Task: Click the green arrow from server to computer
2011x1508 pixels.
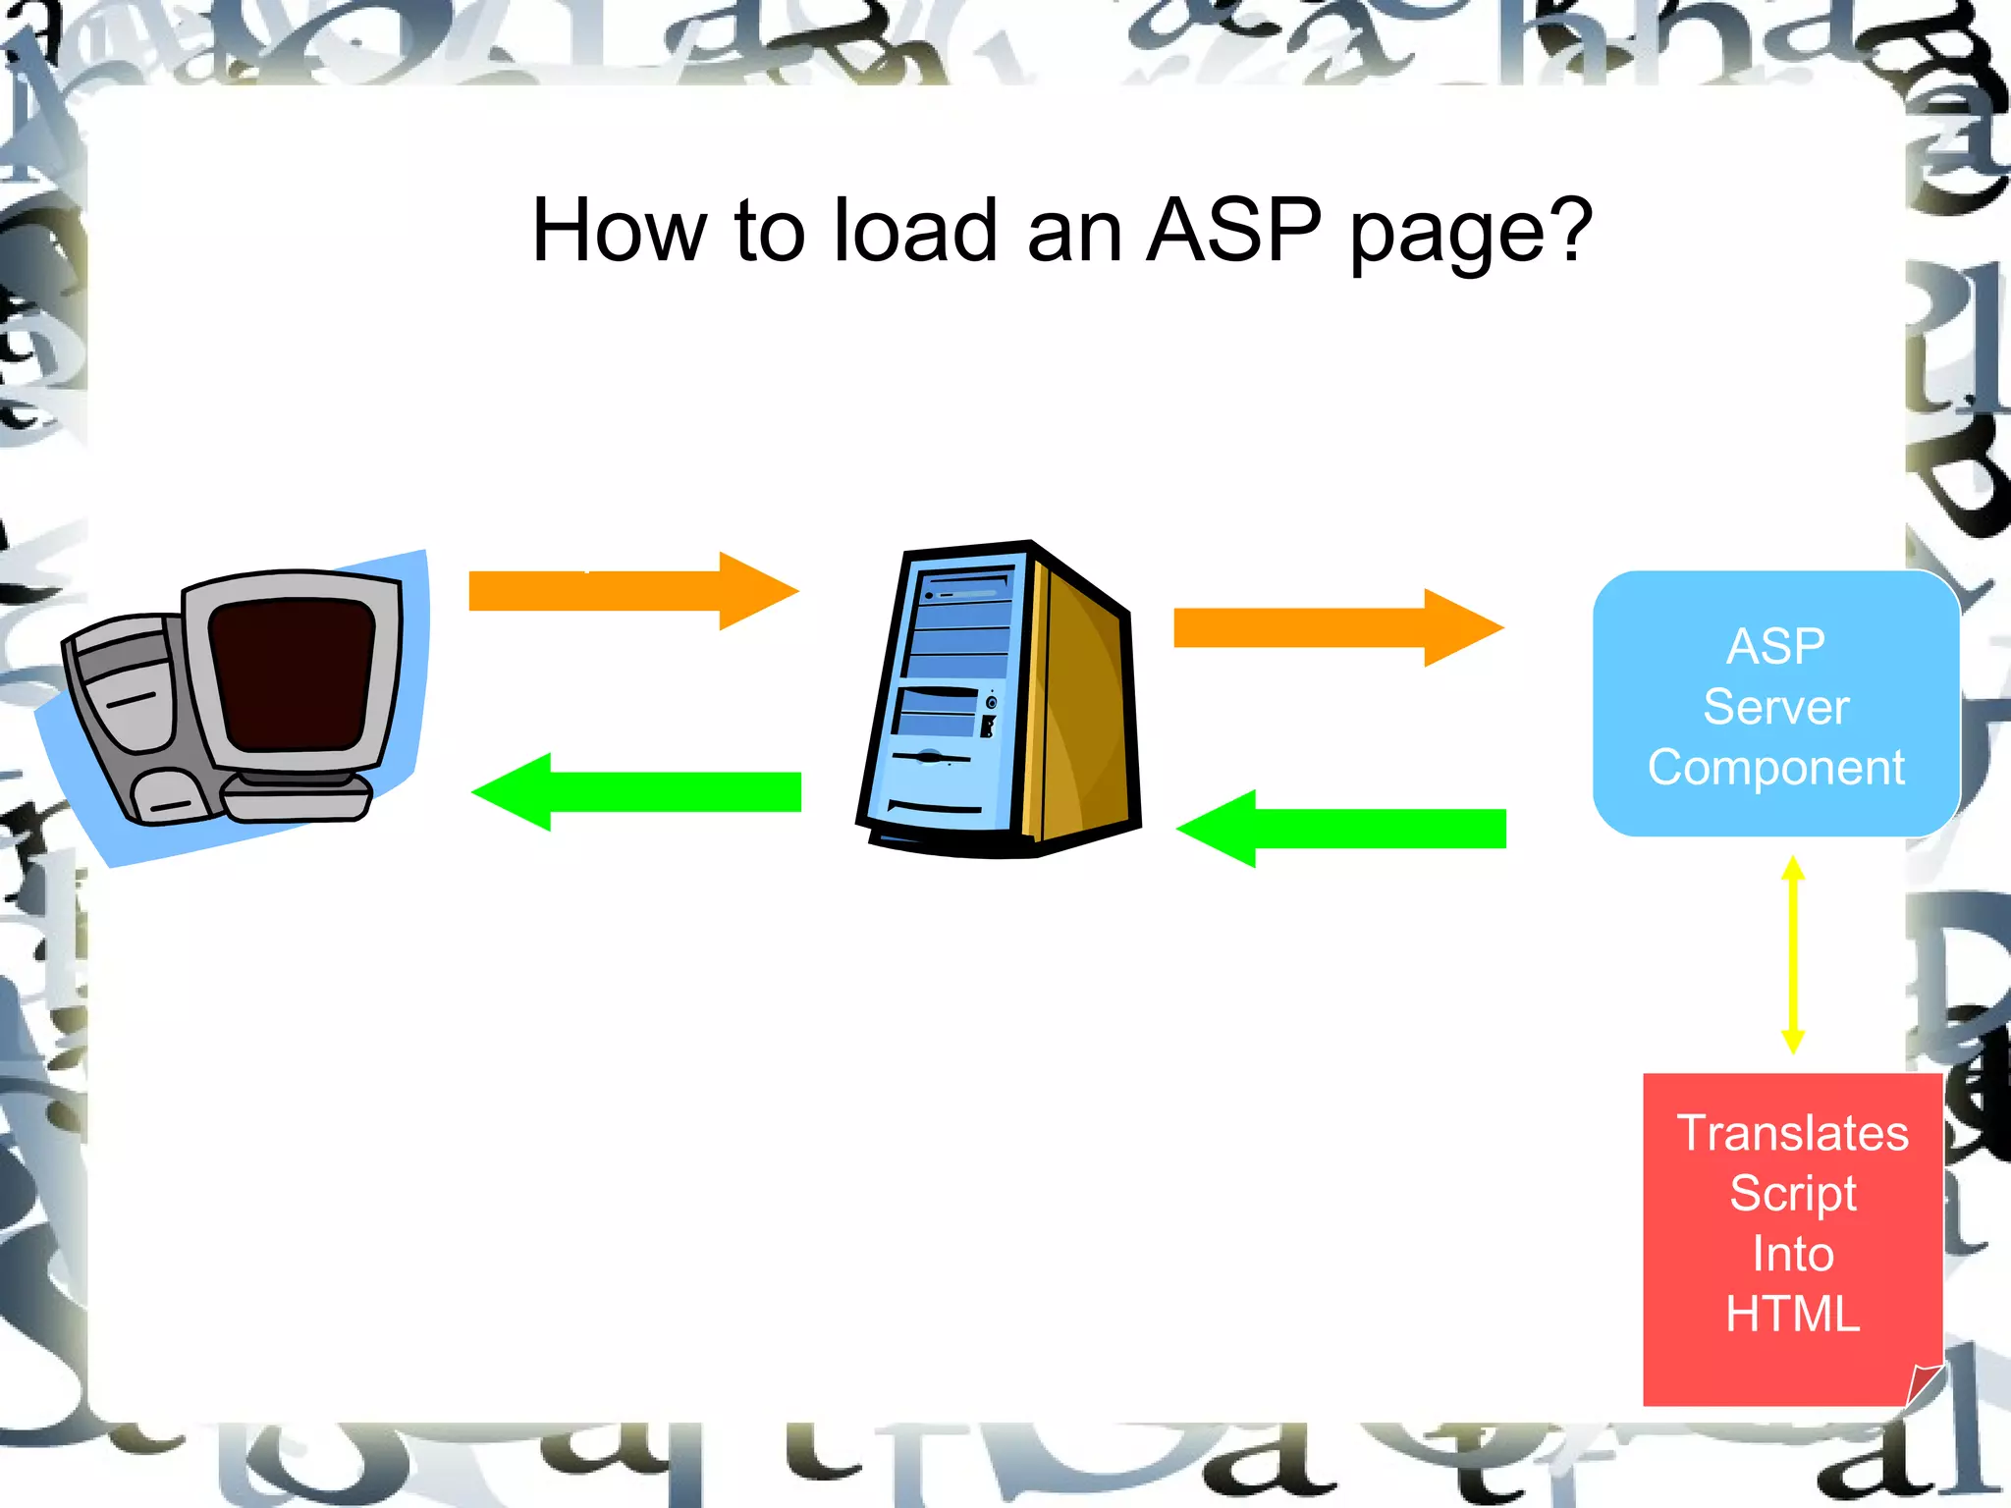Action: [x=636, y=792]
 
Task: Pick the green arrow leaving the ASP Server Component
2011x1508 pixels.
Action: [x=1341, y=829]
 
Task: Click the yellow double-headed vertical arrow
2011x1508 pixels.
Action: [x=1793, y=954]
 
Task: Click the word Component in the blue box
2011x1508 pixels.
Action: [x=1775, y=767]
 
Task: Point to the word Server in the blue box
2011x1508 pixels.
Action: [x=1775, y=707]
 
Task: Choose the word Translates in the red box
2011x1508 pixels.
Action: [x=1792, y=1133]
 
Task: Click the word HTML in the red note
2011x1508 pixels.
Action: [x=1792, y=1314]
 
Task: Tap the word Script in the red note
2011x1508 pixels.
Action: [x=1792, y=1194]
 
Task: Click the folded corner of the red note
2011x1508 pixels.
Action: [x=1922, y=1384]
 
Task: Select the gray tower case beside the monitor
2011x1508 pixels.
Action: [x=128, y=717]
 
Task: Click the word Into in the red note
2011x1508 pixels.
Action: [x=1792, y=1254]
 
